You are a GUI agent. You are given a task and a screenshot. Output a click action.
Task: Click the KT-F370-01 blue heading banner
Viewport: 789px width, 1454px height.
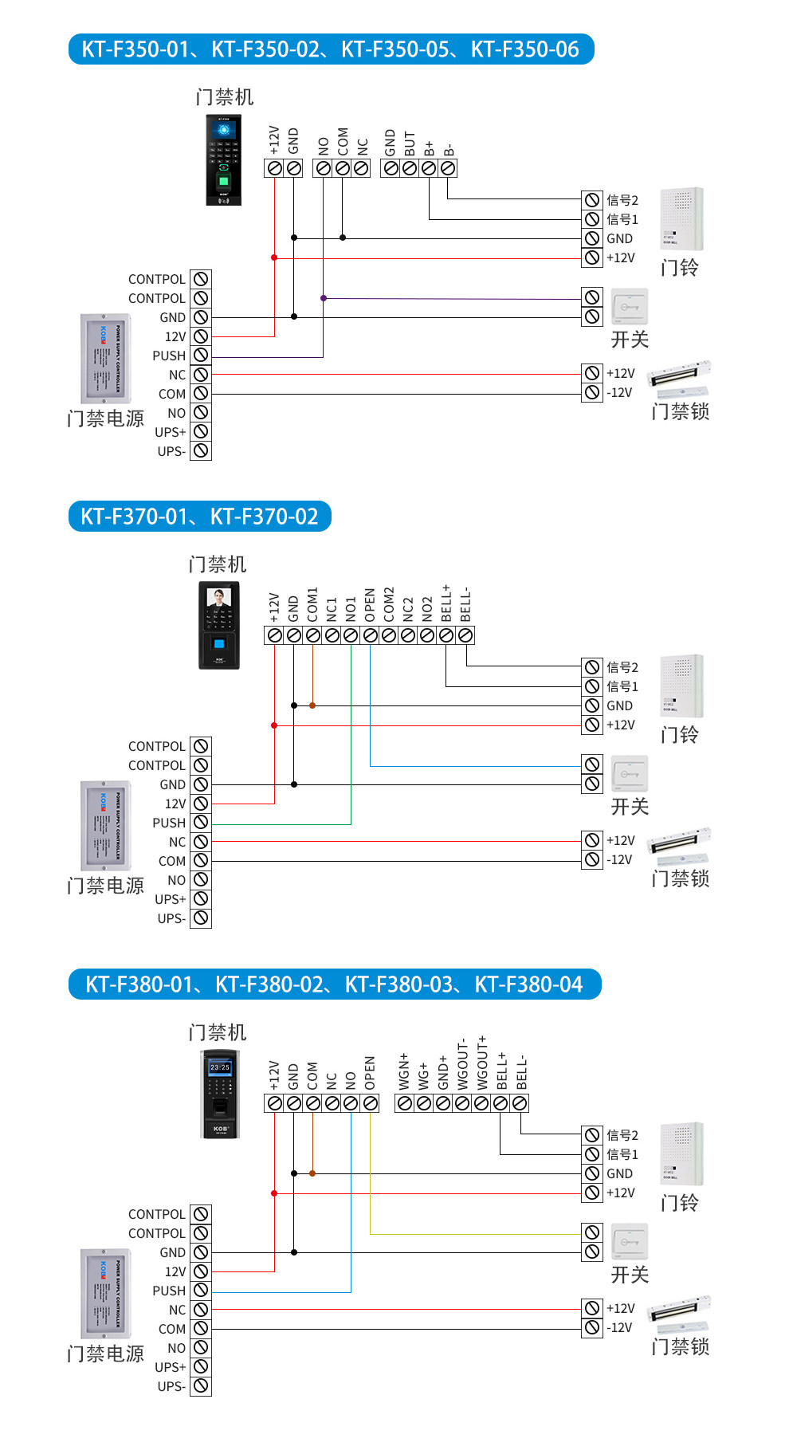(x=199, y=517)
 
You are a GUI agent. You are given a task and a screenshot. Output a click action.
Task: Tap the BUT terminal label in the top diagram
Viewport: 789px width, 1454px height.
(x=410, y=143)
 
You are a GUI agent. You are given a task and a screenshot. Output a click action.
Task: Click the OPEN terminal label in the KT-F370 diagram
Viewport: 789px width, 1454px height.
(x=370, y=606)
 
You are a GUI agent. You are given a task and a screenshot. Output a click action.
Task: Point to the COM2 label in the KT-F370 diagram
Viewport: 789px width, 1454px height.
(x=389, y=605)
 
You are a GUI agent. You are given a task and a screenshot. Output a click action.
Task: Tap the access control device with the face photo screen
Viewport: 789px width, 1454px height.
(x=218, y=625)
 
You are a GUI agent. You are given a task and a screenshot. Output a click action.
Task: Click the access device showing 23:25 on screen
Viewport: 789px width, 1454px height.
(x=219, y=1094)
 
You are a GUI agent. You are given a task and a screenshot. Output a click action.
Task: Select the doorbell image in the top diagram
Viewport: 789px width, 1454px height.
(x=681, y=219)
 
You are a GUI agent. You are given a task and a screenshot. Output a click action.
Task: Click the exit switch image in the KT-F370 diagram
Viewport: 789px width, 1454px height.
(x=630, y=774)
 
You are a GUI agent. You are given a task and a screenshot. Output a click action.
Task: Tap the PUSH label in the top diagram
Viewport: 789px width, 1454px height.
(x=169, y=356)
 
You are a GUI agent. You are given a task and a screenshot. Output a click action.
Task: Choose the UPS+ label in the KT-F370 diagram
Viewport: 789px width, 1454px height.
(x=171, y=899)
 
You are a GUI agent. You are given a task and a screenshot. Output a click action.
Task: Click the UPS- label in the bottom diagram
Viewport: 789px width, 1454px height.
(x=171, y=1386)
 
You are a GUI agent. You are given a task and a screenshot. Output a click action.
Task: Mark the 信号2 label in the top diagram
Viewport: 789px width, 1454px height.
(x=622, y=200)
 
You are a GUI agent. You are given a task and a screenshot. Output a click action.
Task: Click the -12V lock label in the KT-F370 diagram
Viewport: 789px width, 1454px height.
(x=619, y=859)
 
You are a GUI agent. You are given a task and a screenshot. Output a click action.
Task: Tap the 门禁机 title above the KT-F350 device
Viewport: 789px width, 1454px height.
(x=225, y=97)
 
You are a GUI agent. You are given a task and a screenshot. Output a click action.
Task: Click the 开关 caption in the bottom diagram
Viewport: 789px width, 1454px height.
(x=630, y=1275)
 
